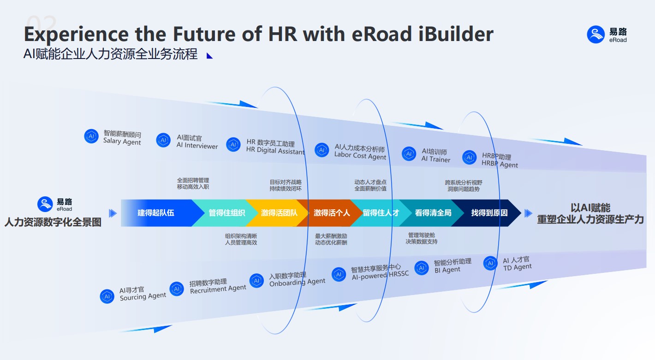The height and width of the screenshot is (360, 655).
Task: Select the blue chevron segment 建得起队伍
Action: (156, 213)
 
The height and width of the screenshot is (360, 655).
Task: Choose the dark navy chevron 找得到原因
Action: (489, 213)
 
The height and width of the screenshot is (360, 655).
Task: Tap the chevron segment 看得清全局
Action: (432, 213)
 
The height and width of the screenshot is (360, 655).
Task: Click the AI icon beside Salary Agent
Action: (91, 136)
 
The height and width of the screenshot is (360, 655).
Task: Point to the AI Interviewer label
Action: (197, 142)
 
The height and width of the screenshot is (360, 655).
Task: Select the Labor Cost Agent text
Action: (360, 153)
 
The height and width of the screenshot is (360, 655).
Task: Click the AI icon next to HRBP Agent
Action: (469, 158)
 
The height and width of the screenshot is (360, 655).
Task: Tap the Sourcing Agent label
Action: (143, 294)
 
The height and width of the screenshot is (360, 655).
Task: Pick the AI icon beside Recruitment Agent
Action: (177, 289)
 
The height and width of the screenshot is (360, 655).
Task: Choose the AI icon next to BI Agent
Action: (421, 268)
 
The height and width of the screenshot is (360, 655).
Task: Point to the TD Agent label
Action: (517, 264)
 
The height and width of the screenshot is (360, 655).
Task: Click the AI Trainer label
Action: (435, 156)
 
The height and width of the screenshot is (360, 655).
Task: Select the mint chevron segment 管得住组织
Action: (226, 213)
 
